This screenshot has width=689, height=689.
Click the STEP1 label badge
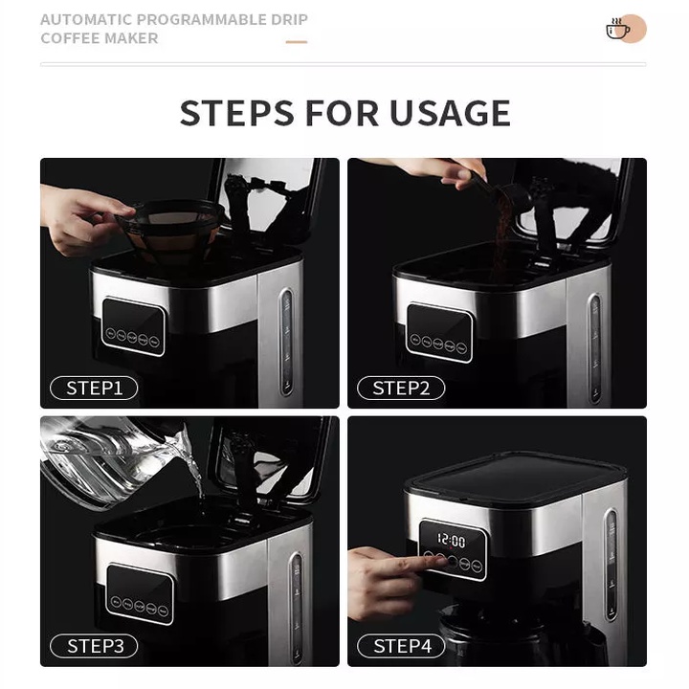[x=94, y=388]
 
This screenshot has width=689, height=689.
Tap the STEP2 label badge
[x=401, y=388]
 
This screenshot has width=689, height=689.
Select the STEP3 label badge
[x=94, y=646]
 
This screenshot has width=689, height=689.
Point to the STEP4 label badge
[x=401, y=646]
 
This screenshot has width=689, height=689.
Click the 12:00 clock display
[x=452, y=542]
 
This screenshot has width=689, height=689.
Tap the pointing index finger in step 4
[x=411, y=563]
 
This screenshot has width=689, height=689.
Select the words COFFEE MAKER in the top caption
[x=100, y=38]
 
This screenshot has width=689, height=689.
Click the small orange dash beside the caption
[x=297, y=41]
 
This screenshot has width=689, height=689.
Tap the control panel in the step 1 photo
[x=133, y=325]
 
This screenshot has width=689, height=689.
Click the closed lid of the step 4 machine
[x=517, y=476]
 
